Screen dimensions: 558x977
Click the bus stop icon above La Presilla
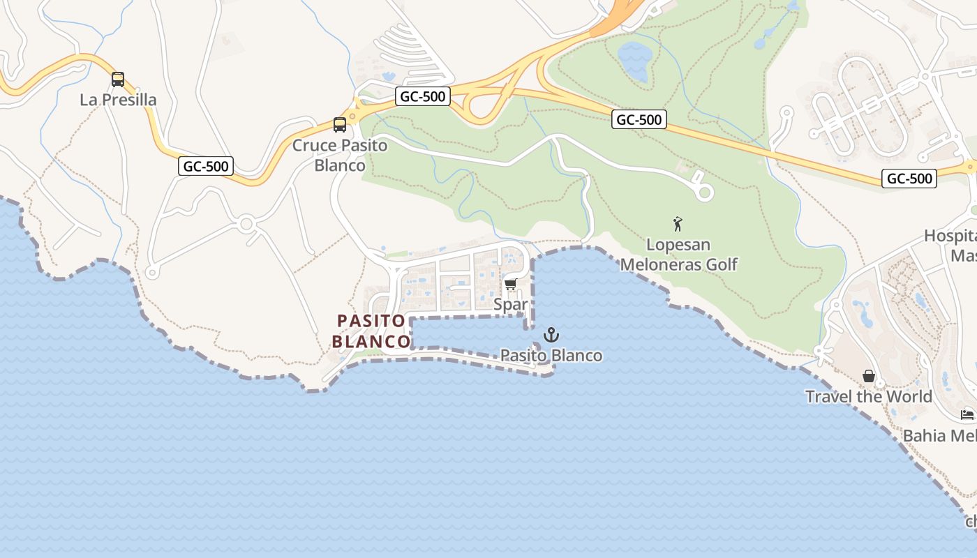[118, 80]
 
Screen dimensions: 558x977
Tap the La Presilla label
[118, 100]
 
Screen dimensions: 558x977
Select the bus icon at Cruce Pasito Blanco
[340, 125]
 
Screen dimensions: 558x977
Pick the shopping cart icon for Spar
[510, 284]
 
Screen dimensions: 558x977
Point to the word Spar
[510, 305]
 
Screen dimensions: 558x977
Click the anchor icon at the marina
[551, 335]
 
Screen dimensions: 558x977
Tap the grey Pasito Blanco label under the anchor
[551, 356]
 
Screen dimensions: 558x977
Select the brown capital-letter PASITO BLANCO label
[371, 331]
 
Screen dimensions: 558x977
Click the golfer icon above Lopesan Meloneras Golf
[678, 224]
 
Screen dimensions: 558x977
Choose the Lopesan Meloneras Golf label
[678, 255]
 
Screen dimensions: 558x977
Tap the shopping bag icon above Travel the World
[869, 377]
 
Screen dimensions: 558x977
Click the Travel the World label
[869, 397]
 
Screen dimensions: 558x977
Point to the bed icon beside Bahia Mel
[967, 415]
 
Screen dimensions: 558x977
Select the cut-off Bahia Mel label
[939, 436]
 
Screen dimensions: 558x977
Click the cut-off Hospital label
[950, 246]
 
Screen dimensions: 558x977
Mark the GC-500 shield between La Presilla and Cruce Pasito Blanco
[206, 166]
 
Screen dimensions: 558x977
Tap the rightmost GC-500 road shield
[909, 179]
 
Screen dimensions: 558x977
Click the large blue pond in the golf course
[634, 61]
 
